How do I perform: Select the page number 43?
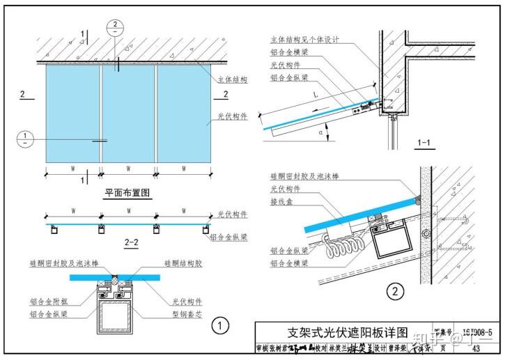click(476, 348)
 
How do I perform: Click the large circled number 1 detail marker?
click(220, 324)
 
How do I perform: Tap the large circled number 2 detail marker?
click(396, 290)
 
